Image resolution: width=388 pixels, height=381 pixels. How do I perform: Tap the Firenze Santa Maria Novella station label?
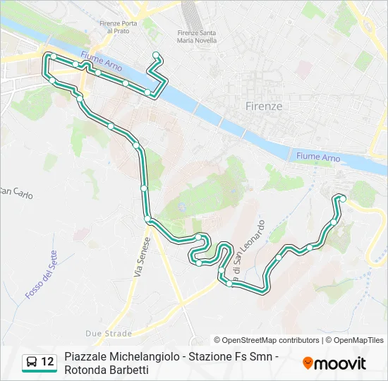coord(198,37)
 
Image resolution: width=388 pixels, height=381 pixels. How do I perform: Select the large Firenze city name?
coord(264,106)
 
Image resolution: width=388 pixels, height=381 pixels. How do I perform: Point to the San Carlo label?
coord(16,192)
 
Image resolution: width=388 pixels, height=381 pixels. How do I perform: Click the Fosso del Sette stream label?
coord(40,275)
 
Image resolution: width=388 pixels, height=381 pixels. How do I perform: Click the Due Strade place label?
coord(109,333)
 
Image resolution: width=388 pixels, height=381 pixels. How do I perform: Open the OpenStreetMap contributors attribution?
coord(267,340)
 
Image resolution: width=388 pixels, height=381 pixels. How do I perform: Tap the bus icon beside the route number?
coord(31,363)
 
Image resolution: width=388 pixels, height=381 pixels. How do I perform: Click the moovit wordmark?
coord(339,363)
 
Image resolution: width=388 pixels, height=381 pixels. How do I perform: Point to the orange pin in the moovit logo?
coord(308,363)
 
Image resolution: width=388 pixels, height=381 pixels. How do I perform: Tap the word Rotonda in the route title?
coord(84,370)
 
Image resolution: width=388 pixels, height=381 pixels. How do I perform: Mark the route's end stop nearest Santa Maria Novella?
coord(156,55)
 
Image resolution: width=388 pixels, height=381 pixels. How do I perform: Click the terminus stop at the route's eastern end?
coord(343,198)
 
